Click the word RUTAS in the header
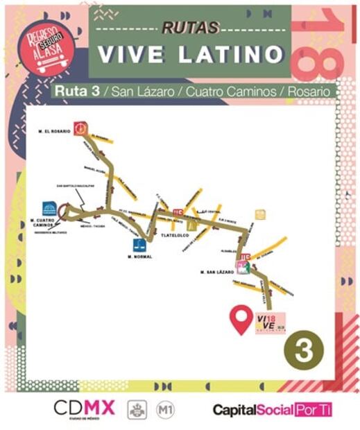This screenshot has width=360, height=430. point(190,28)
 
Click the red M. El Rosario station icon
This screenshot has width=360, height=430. point(81,128)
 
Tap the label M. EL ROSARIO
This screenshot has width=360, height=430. point(54,130)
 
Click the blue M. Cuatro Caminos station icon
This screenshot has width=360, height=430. point(50,209)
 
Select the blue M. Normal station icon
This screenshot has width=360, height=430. point(139,244)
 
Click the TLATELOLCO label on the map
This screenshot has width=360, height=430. point(175,236)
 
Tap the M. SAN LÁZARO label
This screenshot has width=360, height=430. point(215,273)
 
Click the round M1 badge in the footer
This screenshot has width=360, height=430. point(166,409)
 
